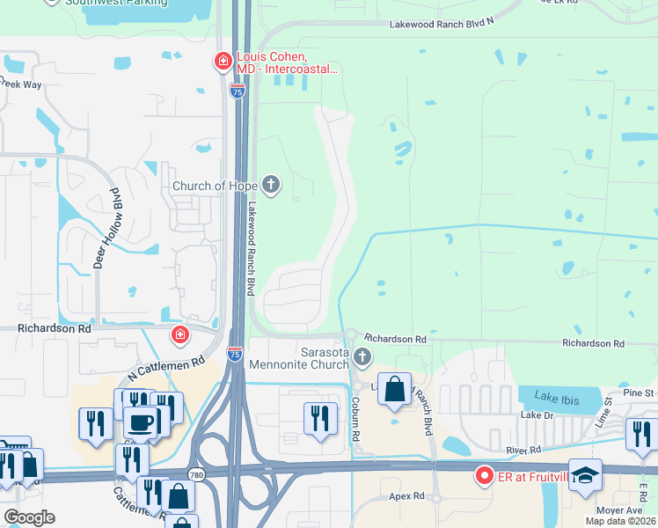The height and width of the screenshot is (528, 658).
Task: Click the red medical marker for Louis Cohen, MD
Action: click(223, 61)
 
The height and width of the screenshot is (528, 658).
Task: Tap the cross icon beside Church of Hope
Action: click(271, 185)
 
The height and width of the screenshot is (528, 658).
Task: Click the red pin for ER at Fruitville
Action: click(483, 476)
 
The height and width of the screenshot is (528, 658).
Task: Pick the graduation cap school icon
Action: click(585, 475)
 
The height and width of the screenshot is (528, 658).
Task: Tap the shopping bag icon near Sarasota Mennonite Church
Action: click(395, 389)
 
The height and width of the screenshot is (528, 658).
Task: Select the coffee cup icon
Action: click(141, 422)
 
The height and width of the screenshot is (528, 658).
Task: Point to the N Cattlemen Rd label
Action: click(164, 368)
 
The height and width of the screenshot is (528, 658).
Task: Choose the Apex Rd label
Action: click(406, 496)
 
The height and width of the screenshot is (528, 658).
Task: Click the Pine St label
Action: click(639, 392)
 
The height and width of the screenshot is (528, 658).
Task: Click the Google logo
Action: click(28, 517)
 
